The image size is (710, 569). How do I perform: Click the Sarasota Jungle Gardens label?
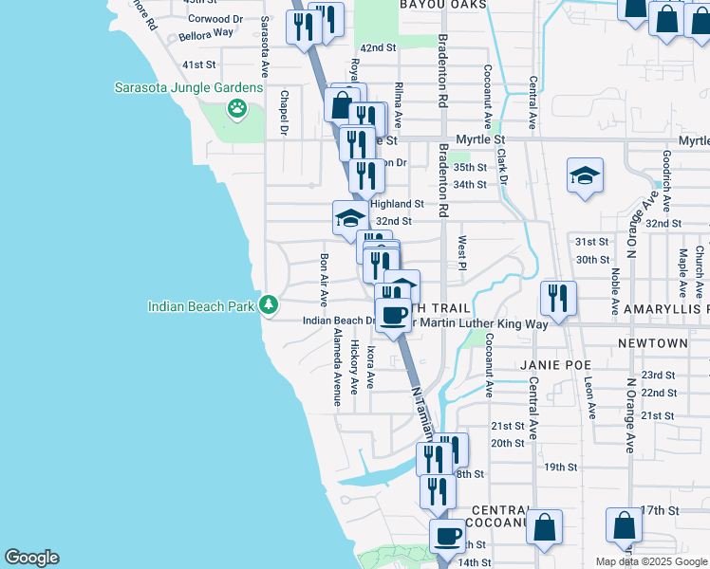(x=188, y=87)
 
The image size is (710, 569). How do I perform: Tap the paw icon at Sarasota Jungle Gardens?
(x=235, y=109)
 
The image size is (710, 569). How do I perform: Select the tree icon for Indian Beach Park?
(x=270, y=304)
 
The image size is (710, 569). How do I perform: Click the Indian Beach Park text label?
(x=202, y=305)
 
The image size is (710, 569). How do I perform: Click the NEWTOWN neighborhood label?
(x=652, y=342)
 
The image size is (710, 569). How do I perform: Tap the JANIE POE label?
(x=555, y=364)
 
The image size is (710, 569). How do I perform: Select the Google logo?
(x=31, y=558)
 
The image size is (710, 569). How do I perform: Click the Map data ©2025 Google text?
(x=650, y=561)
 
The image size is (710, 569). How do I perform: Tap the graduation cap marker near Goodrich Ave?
(x=585, y=175)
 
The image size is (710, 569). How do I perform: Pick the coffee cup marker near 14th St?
(x=446, y=536)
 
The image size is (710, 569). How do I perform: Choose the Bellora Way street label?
(x=211, y=32)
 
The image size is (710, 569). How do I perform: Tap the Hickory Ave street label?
(x=354, y=367)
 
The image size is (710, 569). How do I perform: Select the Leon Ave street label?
(x=589, y=397)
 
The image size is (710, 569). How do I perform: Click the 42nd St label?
(x=377, y=47)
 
